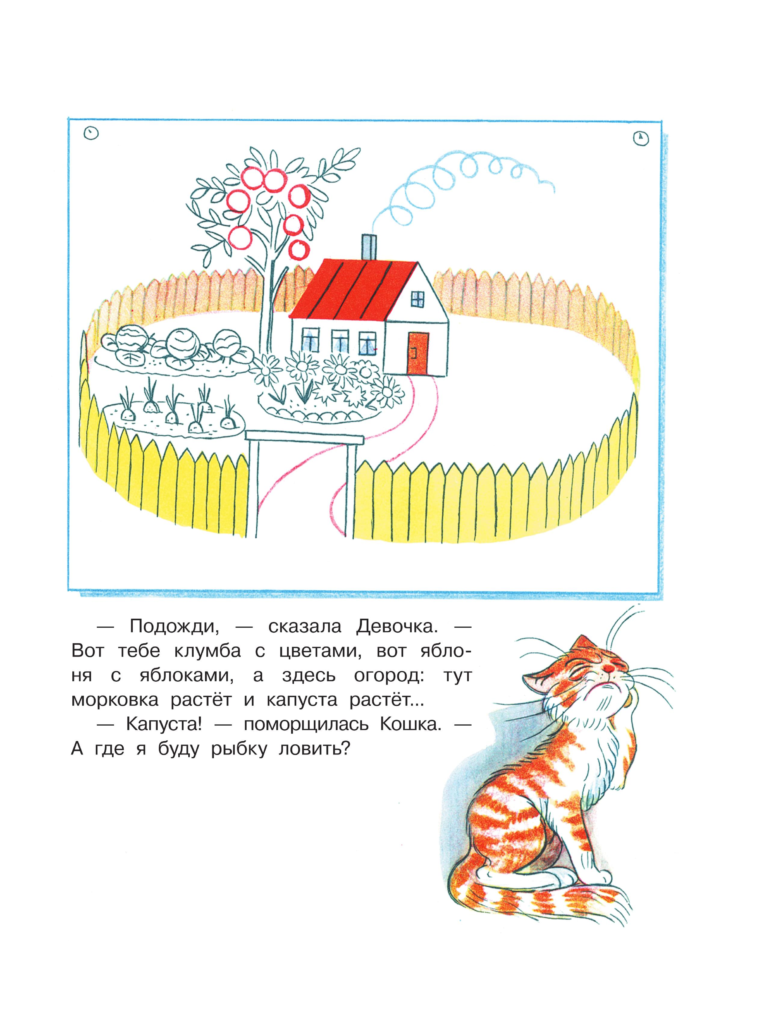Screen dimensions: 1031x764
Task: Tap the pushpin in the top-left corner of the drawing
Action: coord(92,133)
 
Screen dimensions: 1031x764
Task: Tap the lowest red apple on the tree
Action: coord(299,249)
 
